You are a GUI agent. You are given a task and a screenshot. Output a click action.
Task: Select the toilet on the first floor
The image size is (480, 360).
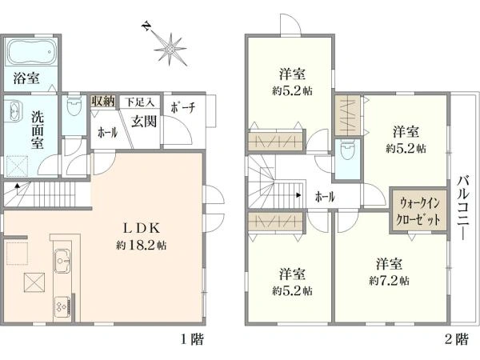coord(74,106)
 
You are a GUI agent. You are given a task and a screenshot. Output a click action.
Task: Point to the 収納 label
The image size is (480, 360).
coord(102,101)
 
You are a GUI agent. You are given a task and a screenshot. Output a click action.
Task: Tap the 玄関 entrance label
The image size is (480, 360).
coord(144,121)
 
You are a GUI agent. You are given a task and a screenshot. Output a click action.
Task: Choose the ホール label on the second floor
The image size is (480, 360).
coord(324,196)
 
